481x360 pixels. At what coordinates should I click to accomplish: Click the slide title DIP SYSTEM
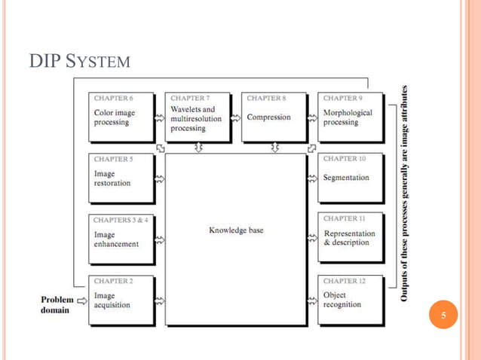click(x=80, y=59)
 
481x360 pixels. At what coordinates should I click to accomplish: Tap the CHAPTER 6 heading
click(x=114, y=98)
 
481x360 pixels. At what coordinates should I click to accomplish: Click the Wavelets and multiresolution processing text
click(x=192, y=118)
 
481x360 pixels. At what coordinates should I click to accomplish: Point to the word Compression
click(x=268, y=117)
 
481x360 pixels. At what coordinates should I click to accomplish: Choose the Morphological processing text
click(x=348, y=117)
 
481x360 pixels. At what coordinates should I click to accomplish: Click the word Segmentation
click(x=346, y=178)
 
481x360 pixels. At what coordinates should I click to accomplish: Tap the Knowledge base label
click(x=236, y=230)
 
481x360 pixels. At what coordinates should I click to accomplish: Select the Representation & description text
click(x=348, y=238)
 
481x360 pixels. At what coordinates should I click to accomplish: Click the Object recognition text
click(x=342, y=300)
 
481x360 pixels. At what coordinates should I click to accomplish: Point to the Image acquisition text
click(x=112, y=300)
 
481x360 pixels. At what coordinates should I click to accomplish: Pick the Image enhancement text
click(x=116, y=239)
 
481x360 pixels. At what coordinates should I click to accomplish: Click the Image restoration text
click(x=112, y=178)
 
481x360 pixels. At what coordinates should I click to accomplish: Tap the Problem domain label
click(x=57, y=305)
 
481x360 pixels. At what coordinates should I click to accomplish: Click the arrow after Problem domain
click(x=82, y=300)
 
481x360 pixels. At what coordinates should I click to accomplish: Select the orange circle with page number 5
click(x=443, y=316)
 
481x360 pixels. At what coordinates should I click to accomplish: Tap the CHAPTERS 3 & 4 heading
click(x=121, y=220)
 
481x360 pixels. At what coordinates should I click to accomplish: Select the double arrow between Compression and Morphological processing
click(x=312, y=117)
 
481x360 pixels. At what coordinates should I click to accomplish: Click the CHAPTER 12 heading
click(x=345, y=281)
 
